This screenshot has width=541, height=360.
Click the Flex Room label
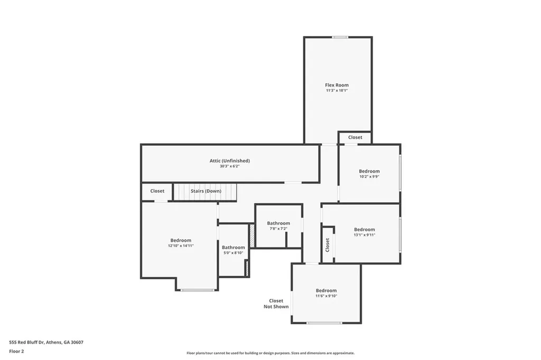click(x=337, y=85)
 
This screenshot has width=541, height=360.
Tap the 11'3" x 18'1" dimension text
click(x=337, y=91)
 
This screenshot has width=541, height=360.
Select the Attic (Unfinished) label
click(x=229, y=160)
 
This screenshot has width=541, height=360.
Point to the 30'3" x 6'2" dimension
click(x=229, y=166)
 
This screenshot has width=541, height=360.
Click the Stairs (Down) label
click(x=206, y=191)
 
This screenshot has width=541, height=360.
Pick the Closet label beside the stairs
click(x=157, y=191)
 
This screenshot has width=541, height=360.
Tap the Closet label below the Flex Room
click(x=355, y=137)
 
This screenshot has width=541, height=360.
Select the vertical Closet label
click(x=328, y=244)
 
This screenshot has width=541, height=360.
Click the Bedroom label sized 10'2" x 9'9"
click(x=369, y=171)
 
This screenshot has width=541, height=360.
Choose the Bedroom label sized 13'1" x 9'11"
click(x=365, y=230)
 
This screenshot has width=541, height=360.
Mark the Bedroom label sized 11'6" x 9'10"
click(x=326, y=290)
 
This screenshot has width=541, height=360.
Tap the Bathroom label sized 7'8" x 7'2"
click(x=278, y=223)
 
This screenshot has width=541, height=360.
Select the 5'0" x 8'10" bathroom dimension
click(x=233, y=253)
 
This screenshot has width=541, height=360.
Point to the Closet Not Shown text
click(x=276, y=304)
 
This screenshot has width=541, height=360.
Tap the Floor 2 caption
click(x=16, y=351)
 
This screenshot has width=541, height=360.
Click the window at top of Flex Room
click(x=340, y=37)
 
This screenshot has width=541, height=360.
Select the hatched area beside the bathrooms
click(x=253, y=235)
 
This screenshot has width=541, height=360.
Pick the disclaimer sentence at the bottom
click(x=270, y=353)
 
